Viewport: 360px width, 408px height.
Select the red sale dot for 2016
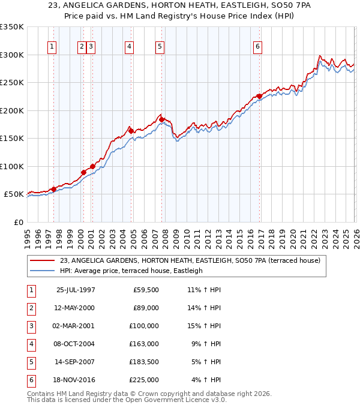click(x=259, y=96)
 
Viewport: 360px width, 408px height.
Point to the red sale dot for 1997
click(x=54, y=189)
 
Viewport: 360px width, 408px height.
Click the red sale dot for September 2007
click(x=162, y=119)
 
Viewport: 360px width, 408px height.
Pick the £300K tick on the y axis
click(x=12, y=55)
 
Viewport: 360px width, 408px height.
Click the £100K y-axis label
click(x=12, y=166)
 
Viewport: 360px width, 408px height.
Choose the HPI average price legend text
click(x=131, y=271)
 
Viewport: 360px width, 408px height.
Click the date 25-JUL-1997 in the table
click(x=75, y=290)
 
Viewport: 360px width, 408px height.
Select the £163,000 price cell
click(x=144, y=344)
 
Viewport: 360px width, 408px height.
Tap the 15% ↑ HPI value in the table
click(x=206, y=326)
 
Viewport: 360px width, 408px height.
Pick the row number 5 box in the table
click(x=30, y=362)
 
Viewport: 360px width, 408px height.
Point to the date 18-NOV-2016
click(x=75, y=380)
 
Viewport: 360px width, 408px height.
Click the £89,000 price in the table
click(x=146, y=308)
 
